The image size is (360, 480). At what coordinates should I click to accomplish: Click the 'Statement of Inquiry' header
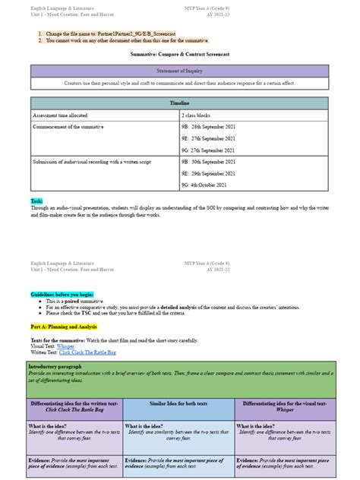tap(179, 70)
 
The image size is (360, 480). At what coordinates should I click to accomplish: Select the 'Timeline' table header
tap(179, 102)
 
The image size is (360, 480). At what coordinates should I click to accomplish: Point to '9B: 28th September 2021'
tap(213, 126)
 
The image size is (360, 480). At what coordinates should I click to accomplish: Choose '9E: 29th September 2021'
tap(213, 174)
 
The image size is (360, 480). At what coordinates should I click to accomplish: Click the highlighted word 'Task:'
tap(36, 201)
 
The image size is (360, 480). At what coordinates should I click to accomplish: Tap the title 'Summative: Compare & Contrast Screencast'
tap(179, 55)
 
